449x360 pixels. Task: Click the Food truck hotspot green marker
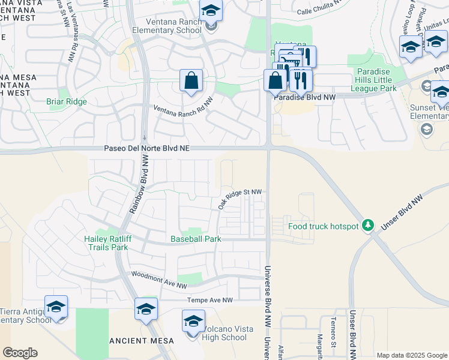coord(370,226)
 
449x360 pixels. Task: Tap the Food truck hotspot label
coord(323,226)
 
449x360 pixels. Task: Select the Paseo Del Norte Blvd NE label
coord(146,148)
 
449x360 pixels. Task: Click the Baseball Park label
coord(196,239)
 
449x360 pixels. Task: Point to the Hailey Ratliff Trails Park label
coord(106,242)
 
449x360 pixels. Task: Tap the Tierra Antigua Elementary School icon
coord(56,307)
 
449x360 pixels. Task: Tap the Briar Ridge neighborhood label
coord(67,101)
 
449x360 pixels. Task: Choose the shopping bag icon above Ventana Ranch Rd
coord(191,81)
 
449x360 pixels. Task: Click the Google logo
coord(20,353)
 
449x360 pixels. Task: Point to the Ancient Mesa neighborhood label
coord(142,341)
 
